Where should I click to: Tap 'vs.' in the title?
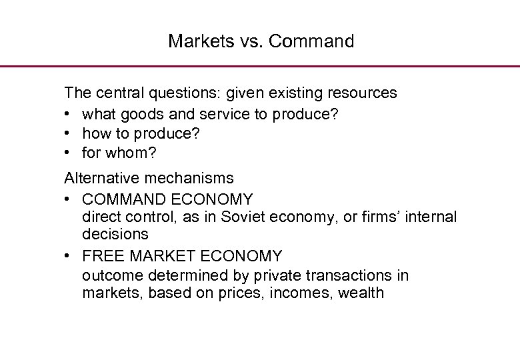pyautogui.click(x=239, y=41)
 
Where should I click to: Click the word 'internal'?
pyautogui.click(x=429, y=217)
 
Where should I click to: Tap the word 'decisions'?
pyautogui.click(x=115, y=235)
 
